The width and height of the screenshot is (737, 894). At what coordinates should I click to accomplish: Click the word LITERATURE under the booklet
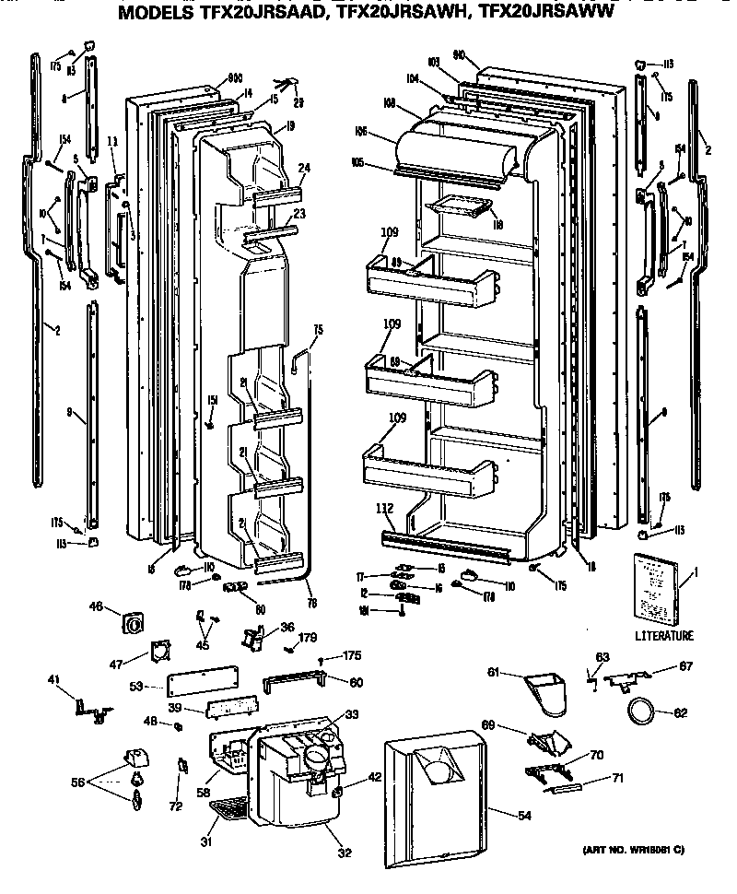[664, 636]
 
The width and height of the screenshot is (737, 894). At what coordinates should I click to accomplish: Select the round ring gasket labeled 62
[640, 711]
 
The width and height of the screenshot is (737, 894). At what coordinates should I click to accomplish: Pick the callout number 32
[344, 853]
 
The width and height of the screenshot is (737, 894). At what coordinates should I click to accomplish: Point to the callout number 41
[54, 679]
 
